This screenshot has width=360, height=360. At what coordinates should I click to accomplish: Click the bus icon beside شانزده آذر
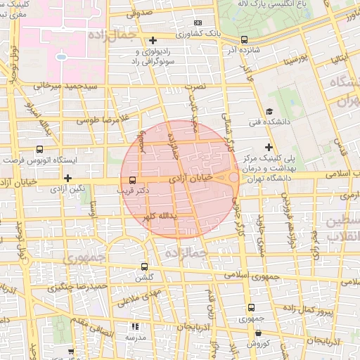(x=244, y=40)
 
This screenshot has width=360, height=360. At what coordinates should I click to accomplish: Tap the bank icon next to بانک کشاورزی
(x=198, y=22)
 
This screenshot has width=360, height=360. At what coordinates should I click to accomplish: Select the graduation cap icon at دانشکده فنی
(x=269, y=112)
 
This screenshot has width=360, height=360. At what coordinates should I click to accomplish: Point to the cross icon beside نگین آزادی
(x=67, y=178)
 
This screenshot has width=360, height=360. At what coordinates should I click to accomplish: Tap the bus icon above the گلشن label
(x=145, y=267)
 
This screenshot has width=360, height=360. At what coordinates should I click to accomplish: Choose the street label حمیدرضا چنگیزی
(x=77, y=286)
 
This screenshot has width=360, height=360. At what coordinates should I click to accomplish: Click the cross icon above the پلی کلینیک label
(x=269, y=147)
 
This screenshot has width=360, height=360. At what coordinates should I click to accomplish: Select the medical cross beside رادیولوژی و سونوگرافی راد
(x=153, y=40)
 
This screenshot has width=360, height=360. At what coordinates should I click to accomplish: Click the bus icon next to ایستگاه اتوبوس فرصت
(x=39, y=149)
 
